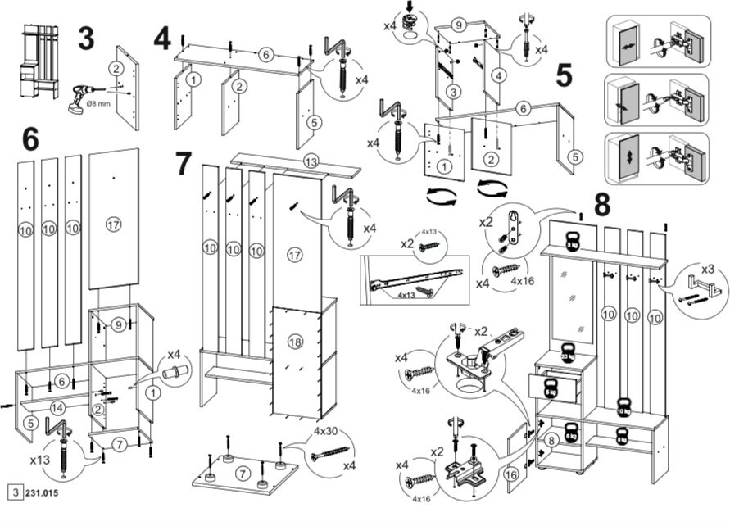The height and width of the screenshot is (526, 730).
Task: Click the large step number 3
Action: pyautogui.click(x=85, y=39)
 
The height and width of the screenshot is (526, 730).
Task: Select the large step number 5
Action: pyautogui.click(x=564, y=75)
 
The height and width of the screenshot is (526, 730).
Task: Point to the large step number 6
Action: pyautogui.click(x=29, y=138)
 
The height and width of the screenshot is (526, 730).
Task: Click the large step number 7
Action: pyautogui.click(x=184, y=163)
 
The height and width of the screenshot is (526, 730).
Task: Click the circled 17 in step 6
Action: pyautogui.click(x=113, y=222)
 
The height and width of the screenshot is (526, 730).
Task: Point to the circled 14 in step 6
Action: pyautogui.click(x=57, y=406)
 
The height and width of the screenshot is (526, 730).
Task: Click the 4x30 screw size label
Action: pyautogui.click(x=325, y=431)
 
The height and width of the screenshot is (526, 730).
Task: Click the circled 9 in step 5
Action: pyautogui.click(x=459, y=25)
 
